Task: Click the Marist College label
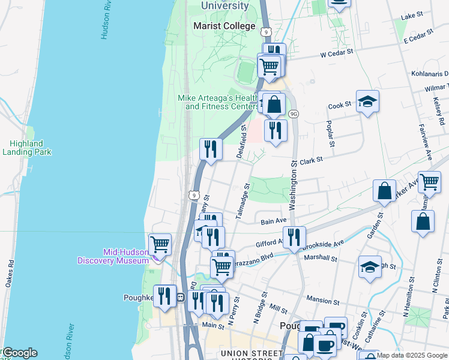pos(224,26)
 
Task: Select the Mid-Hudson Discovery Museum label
pos(113,256)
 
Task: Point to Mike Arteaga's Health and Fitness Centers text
pos(217,102)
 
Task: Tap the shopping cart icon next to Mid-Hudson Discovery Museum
pos(160,244)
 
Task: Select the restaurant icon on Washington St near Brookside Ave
pos(294,236)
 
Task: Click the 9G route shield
pos(293,113)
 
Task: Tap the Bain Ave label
pos(273,221)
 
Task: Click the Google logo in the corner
pos(19,353)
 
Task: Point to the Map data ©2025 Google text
pos(412,355)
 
